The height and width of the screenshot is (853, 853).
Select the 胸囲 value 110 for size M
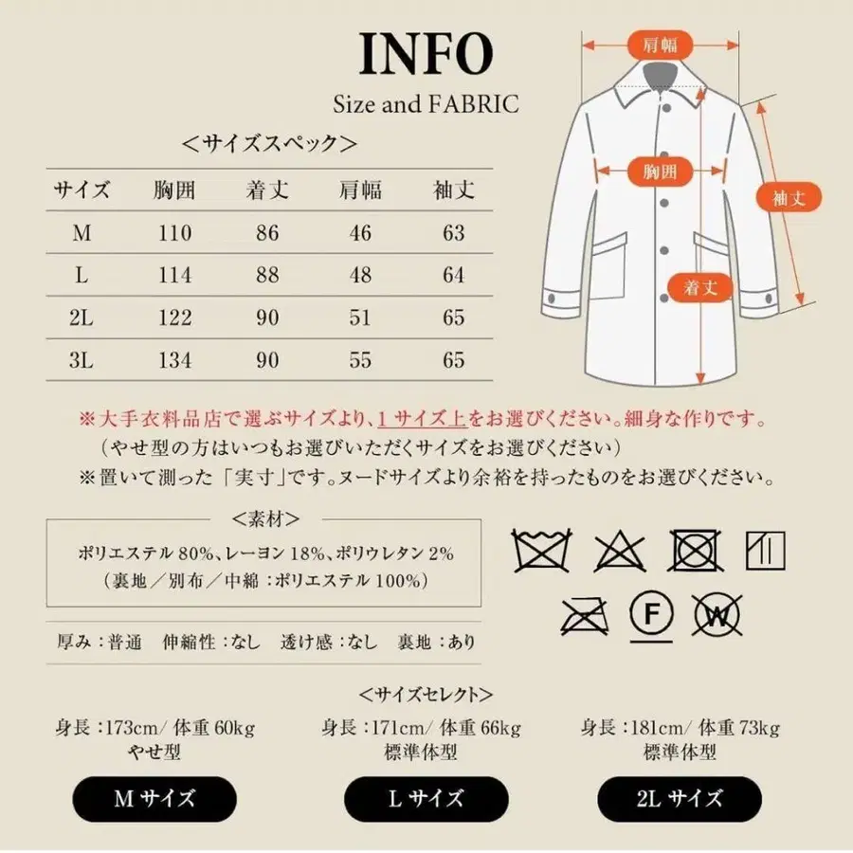(173, 233)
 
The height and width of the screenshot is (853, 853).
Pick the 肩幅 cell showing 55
(360, 360)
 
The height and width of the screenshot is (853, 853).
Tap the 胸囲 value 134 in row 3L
(173, 360)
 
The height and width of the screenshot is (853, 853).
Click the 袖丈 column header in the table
(453, 190)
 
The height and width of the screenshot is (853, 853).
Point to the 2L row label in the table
(82, 318)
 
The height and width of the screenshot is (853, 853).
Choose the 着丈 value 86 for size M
(267, 233)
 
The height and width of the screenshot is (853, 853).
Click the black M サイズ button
(154, 799)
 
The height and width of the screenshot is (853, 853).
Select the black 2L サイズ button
(680, 799)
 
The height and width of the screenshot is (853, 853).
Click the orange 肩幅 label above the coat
(661, 44)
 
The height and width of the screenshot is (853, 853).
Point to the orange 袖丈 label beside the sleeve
(788, 198)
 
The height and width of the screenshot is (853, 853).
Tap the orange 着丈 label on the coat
(700, 288)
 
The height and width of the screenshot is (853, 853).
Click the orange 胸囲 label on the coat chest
(661, 172)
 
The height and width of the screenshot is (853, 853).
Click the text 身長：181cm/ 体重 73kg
(679, 728)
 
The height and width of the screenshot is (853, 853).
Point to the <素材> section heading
(266, 518)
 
